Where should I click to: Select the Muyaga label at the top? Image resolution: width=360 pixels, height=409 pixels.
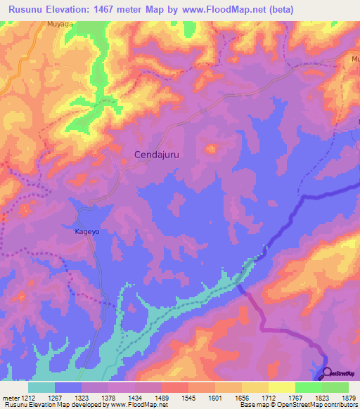pyautogui.click(x=60, y=24)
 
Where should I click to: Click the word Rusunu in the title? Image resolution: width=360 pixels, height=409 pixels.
pyautogui.click(x=29, y=10)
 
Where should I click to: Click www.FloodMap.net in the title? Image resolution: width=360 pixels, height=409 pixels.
pyautogui.click(x=225, y=10)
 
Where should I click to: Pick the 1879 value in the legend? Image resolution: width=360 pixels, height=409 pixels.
pyautogui.click(x=349, y=397)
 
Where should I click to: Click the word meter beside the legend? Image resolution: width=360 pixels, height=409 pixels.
pyautogui.click(x=11, y=397)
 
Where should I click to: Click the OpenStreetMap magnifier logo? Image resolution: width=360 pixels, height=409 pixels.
pyautogui.click(x=327, y=373)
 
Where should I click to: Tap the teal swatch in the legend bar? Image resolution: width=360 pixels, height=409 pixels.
pyautogui.click(x=41, y=387)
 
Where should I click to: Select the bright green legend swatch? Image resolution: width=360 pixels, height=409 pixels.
pyautogui.click(x=309, y=387)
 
